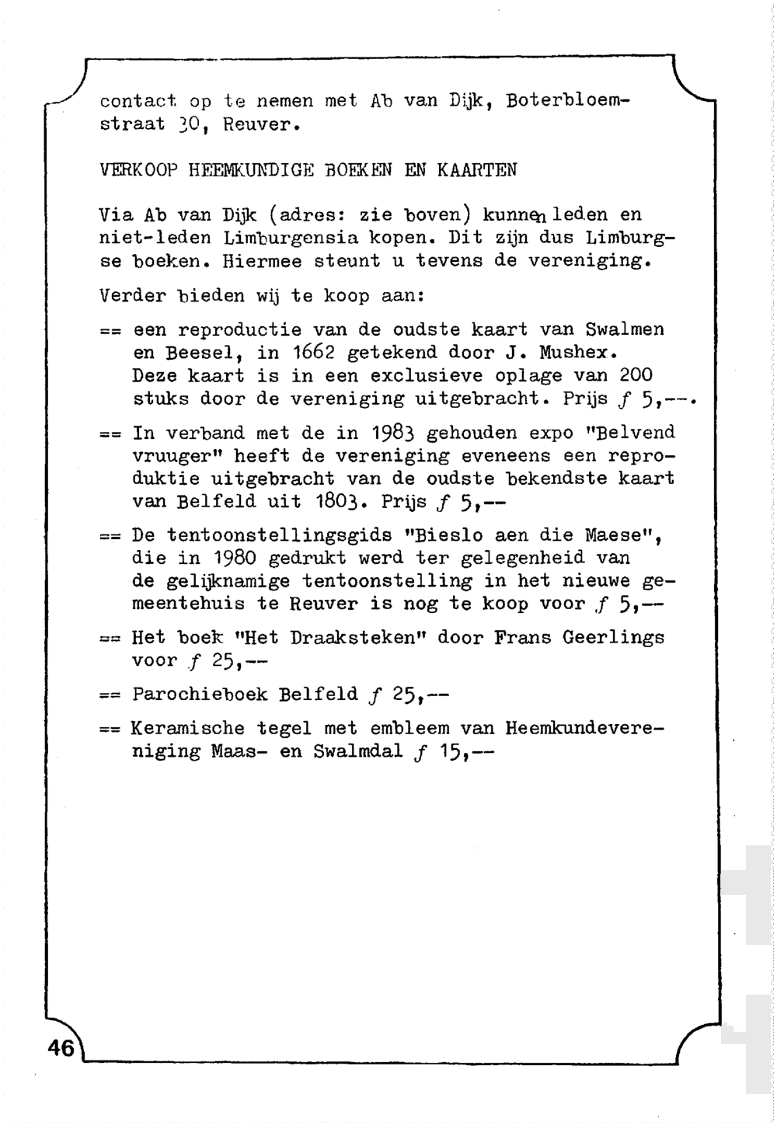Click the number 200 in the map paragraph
point(636,376)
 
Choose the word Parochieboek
point(200,694)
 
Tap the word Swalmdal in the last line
point(359,752)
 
